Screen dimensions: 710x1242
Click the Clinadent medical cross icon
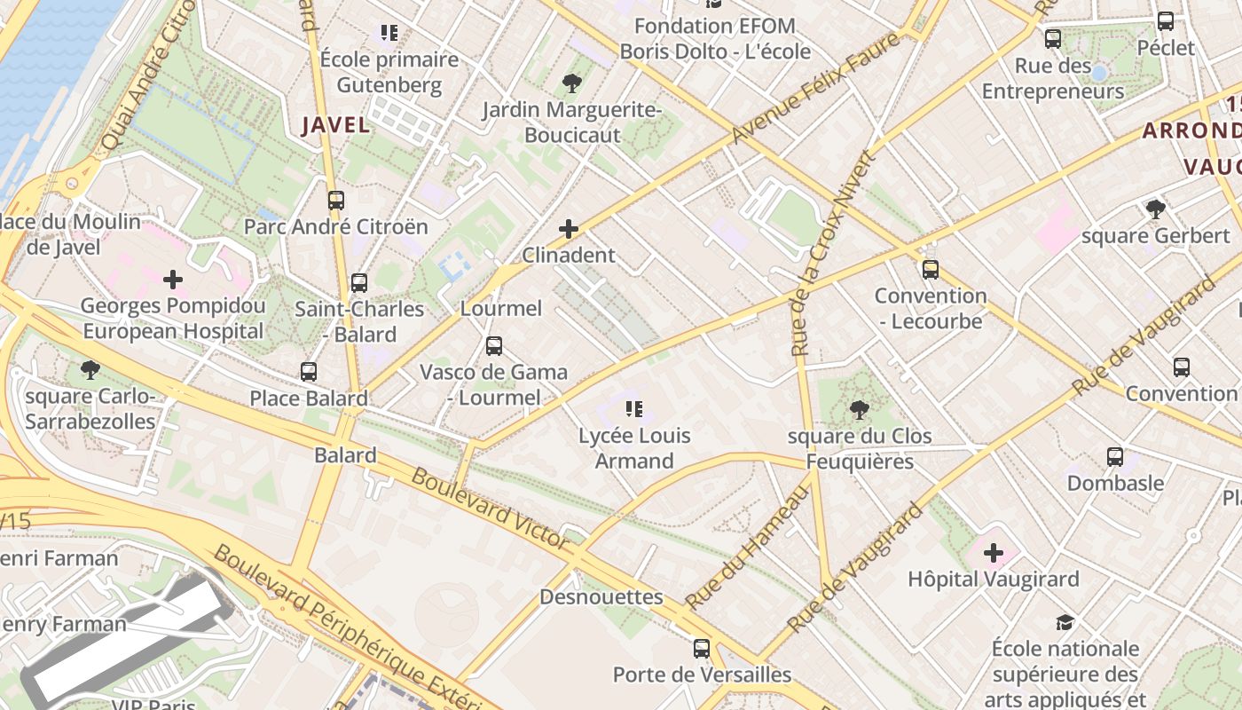click(569, 230)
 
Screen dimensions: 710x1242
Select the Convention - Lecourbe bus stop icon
click(931, 270)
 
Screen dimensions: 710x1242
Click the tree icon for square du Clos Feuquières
click(859, 410)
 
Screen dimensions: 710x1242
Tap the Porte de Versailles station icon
click(702, 649)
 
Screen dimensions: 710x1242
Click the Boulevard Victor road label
click(490, 508)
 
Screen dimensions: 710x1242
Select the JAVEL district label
click(335, 125)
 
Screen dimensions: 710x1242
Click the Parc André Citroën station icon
click(335, 201)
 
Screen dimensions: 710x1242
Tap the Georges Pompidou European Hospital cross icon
click(173, 280)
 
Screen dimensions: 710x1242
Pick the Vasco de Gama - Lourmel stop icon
click(494, 346)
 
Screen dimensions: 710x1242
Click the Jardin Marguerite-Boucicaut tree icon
click(572, 84)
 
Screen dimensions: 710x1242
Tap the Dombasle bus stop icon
click(1115, 458)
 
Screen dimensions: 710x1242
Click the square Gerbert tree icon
click(1155, 209)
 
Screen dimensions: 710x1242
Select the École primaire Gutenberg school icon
click(389, 34)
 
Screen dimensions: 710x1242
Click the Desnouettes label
click(601, 597)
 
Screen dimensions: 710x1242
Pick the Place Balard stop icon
click(309, 372)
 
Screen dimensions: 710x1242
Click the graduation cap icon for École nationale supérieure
click(1065, 623)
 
